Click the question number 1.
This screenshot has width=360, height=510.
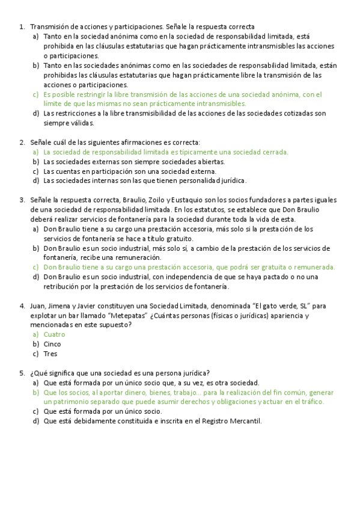point(22,26)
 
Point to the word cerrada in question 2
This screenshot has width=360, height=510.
point(273,152)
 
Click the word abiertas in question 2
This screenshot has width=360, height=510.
point(208,162)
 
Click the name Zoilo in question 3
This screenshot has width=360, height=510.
point(154,200)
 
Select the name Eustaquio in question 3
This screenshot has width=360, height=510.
point(195,200)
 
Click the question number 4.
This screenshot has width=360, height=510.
point(22,306)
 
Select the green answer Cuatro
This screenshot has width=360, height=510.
point(54,334)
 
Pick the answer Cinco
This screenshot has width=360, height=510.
point(52,344)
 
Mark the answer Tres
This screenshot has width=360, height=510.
point(50,354)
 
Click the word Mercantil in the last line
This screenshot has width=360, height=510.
point(244,421)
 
